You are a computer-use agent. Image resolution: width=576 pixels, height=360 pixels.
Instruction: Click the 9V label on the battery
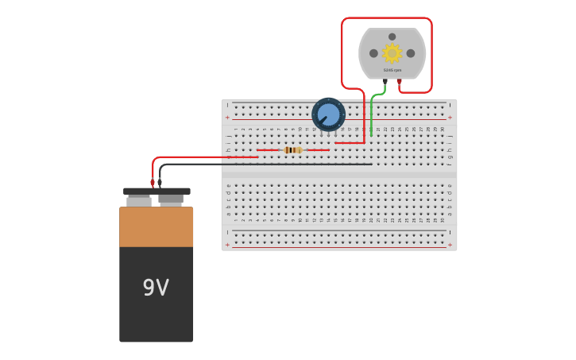tap(156, 288)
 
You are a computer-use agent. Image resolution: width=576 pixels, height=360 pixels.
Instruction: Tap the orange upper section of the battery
tap(156, 226)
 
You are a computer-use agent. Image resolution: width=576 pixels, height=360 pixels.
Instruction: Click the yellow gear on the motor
tap(392, 53)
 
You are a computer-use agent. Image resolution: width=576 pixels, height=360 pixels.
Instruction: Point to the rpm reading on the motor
tap(392, 70)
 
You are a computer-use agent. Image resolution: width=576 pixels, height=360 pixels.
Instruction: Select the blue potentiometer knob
tap(328, 114)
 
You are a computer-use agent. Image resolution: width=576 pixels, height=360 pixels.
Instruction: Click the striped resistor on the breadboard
tap(292, 149)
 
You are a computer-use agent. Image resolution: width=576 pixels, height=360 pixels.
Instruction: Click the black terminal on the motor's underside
tap(385, 80)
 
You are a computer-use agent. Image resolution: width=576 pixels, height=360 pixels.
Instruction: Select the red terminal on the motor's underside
tap(399, 80)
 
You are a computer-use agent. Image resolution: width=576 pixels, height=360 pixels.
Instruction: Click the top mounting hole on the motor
tap(392, 37)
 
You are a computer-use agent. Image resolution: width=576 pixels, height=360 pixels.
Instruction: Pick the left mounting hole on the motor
tap(373, 53)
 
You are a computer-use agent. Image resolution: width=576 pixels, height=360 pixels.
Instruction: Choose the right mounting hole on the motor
tap(411, 53)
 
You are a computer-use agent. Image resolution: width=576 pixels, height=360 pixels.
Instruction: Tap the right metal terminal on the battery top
tap(171, 199)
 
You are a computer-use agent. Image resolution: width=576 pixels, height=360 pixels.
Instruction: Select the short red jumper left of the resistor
tap(268, 149)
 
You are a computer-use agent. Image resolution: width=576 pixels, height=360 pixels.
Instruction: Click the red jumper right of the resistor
tap(318, 149)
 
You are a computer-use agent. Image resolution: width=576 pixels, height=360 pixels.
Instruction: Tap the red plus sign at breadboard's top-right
tap(450, 118)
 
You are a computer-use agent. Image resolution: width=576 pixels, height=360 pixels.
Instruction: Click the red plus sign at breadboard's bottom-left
tap(227, 245)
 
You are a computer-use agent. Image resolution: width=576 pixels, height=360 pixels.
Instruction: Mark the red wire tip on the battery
tap(153, 183)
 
